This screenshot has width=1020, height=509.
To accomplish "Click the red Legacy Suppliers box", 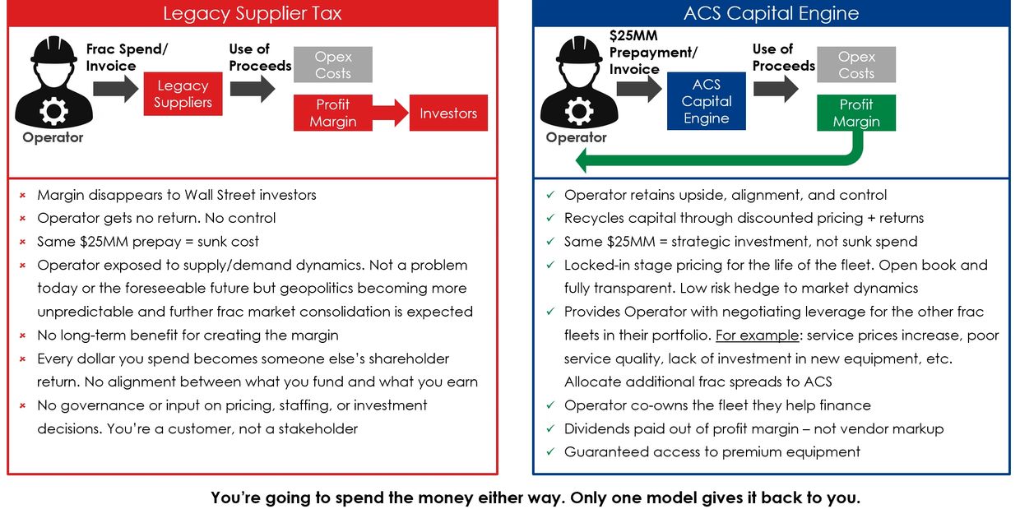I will pos(183,94).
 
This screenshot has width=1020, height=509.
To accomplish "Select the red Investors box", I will pos(448,113).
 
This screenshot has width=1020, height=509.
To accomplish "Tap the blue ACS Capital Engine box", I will pos(706,101).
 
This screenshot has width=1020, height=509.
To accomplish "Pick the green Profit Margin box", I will pos(855,113).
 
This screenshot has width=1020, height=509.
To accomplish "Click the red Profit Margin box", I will pos(332,113).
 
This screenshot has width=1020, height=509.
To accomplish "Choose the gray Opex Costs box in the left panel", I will pos(332,65).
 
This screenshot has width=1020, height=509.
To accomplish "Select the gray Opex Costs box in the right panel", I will pos(855,65).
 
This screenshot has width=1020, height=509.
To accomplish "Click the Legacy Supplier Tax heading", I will pos(252,13).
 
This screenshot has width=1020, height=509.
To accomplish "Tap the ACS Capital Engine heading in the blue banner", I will pos(771,13).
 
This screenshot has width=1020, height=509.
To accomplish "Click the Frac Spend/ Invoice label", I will pos(127,57).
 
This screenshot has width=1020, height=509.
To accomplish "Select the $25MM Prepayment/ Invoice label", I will pos(652,53).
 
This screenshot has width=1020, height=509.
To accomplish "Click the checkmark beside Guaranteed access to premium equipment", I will pos(550,452).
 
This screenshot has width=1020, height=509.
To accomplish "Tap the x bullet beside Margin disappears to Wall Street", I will pos(23,196).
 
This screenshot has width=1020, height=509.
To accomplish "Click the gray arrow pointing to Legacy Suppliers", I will pos(116,89).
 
